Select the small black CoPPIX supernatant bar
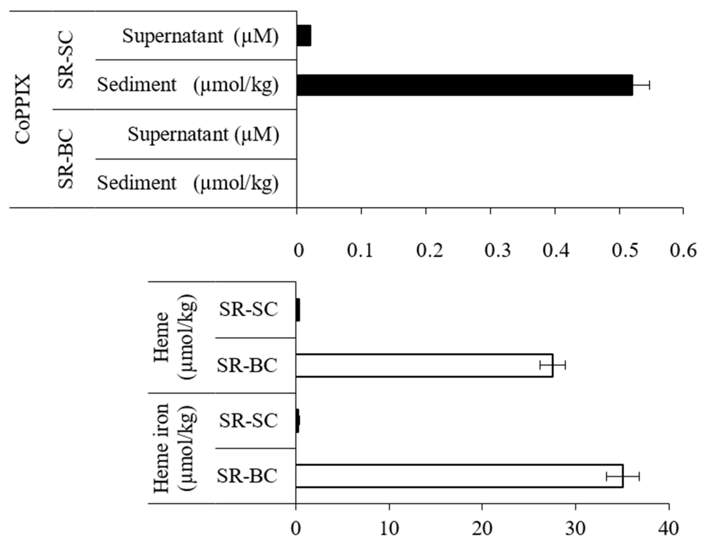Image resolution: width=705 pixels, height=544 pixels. [x=304, y=36]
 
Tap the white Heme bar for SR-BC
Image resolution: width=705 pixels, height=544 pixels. [x=424, y=365]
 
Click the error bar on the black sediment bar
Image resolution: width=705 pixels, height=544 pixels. [x=641, y=85]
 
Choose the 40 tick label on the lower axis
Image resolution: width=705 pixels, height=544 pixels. [x=668, y=529]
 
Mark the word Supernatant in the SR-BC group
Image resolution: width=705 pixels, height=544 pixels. [x=178, y=134]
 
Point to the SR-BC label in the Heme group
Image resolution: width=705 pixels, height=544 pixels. [x=247, y=365]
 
